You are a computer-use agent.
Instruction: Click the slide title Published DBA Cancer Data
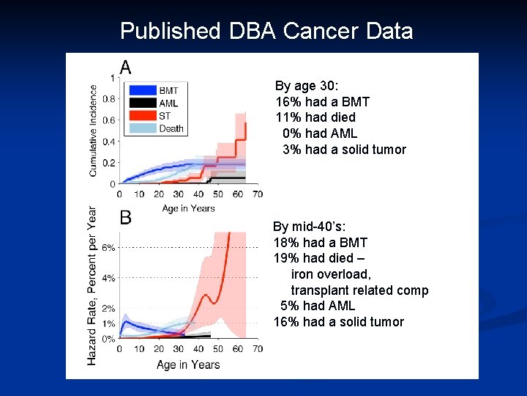(x=266, y=31)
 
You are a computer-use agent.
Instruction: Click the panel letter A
(x=125, y=68)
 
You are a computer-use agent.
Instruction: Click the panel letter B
(x=126, y=218)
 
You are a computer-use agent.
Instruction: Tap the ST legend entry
(x=165, y=116)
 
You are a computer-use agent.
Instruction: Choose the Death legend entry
(x=171, y=128)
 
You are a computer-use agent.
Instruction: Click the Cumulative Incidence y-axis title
(x=94, y=131)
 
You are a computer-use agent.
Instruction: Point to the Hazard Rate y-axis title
(x=92, y=286)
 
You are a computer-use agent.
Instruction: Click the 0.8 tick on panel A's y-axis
(x=108, y=99)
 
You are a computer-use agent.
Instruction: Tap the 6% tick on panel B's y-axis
(x=108, y=248)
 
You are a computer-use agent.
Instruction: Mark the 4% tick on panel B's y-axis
(x=108, y=278)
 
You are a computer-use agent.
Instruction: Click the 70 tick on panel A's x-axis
(x=258, y=195)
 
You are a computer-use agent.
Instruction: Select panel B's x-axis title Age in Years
(x=189, y=364)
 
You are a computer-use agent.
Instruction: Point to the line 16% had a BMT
(x=322, y=102)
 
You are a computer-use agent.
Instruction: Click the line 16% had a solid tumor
(x=338, y=322)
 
